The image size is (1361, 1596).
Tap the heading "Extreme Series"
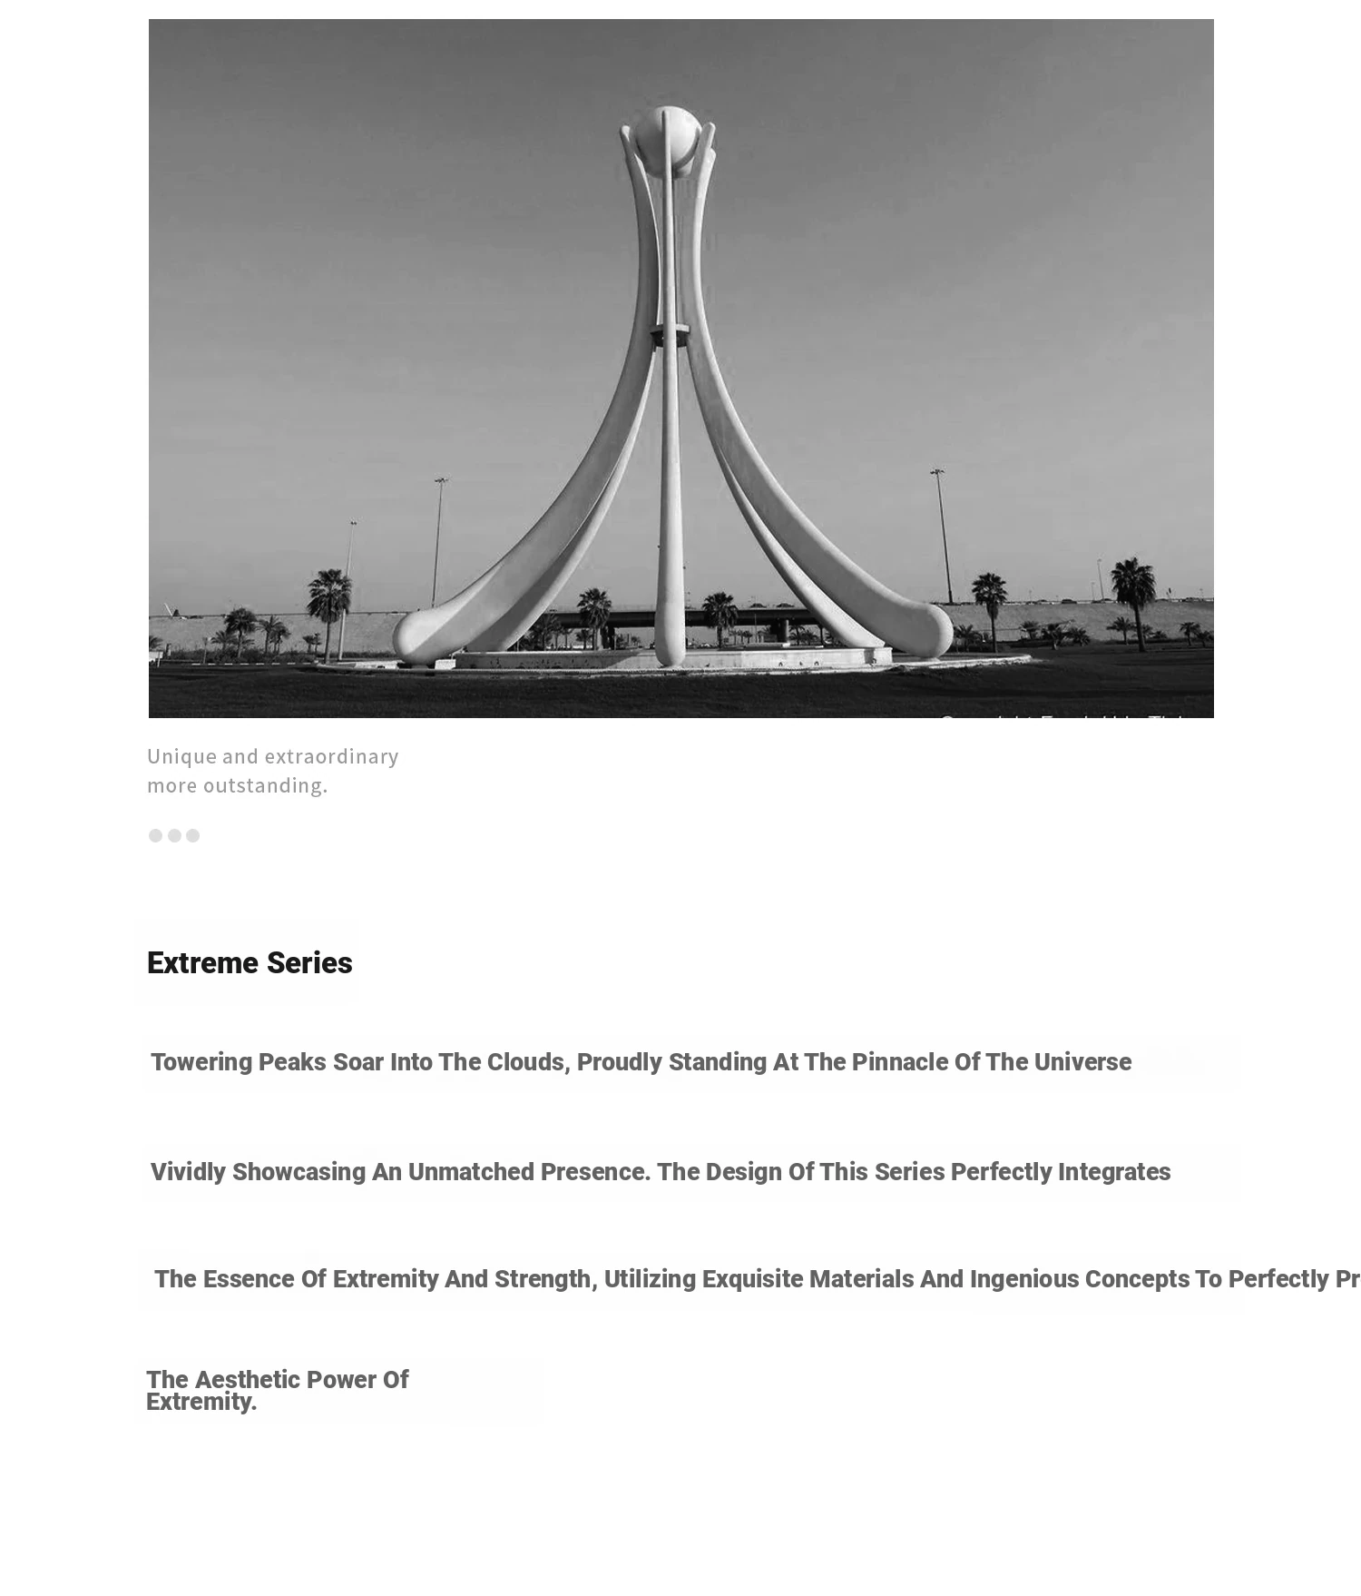250,963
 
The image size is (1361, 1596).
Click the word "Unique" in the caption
181,756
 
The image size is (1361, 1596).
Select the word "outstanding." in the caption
265,785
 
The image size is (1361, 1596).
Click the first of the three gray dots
155,835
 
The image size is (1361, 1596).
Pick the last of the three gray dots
192,835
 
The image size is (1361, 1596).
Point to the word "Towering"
201,1062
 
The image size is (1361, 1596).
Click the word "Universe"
1082,1062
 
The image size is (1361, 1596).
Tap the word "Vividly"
188,1172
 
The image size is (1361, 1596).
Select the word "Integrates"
1113,1172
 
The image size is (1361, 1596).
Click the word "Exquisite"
752,1279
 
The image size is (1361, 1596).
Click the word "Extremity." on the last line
201,1403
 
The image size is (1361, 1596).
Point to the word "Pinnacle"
900,1062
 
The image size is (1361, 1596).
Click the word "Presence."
595,1172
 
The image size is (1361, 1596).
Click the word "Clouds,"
529,1062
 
